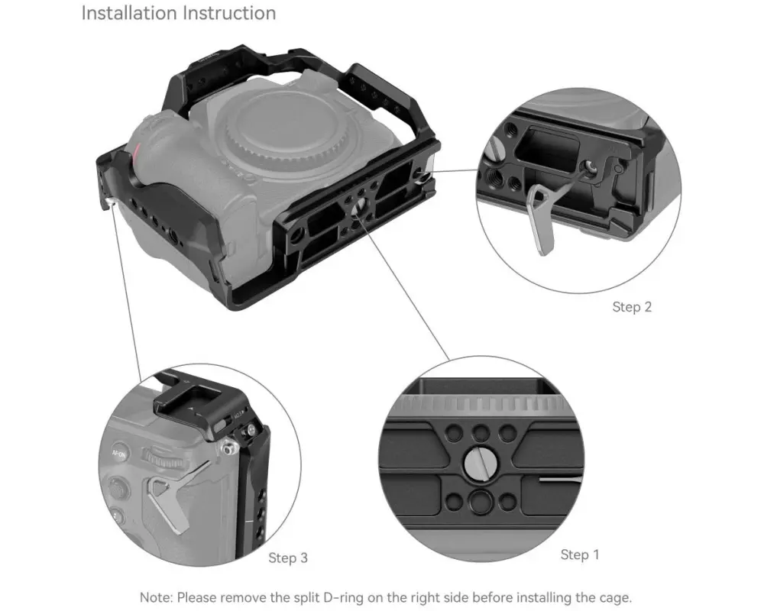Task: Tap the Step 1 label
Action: (580, 554)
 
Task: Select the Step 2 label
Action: (632, 307)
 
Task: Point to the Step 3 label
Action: (288, 558)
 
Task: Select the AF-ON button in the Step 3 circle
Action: (119, 454)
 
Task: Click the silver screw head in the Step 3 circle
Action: (228, 448)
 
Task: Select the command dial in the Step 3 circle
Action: (162, 457)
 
